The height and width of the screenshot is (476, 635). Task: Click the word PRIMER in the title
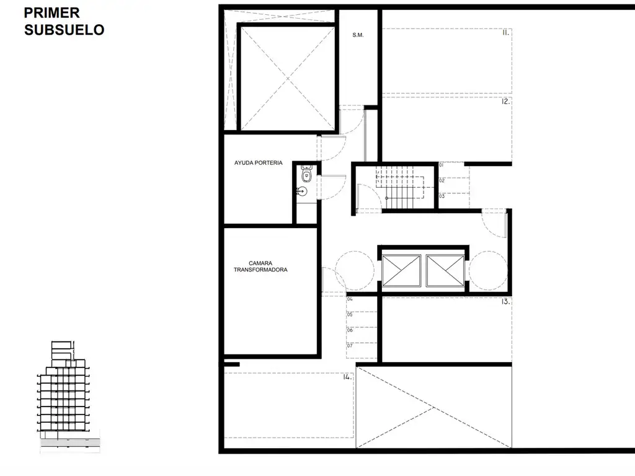(x=52, y=13)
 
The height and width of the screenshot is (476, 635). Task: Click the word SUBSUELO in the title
(x=64, y=30)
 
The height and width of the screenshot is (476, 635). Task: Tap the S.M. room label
(x=358, y=35)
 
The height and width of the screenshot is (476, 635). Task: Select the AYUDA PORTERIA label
(x=259, y=163)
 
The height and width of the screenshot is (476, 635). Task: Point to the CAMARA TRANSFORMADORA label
(x=260, y=267)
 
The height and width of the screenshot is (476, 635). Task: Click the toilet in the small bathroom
(x=306, y=174)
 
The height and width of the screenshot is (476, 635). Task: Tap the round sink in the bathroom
(x=302, y=191)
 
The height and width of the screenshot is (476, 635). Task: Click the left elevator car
(x=401, y=270)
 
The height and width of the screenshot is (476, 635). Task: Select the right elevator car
(x=445, y=270)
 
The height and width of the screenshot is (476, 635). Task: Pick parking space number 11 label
(x=505, y=33)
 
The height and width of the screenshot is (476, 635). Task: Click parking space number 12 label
(x=506, y=102)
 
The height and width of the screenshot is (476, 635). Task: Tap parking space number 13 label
(x=505, y=302)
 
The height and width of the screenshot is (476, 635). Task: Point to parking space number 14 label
(x=347, y=377)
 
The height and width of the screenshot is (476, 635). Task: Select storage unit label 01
(x=442, y=165)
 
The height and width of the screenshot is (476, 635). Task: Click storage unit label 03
(x=442, y=196)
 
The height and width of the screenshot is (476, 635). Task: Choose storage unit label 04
(x=350, y=299)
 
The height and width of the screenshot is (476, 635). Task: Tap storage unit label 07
(x=350, y=346)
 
